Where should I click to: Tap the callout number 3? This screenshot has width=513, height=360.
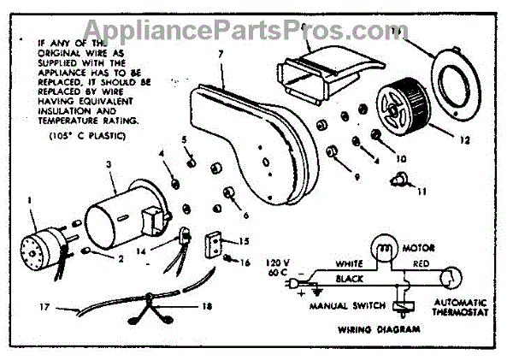[x=109, y=162]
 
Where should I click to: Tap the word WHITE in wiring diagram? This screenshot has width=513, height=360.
[x=351, y=264]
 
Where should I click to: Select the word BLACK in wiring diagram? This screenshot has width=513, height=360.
[x=351, y=279]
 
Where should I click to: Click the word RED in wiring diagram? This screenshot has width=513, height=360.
[x=422, y=264]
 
